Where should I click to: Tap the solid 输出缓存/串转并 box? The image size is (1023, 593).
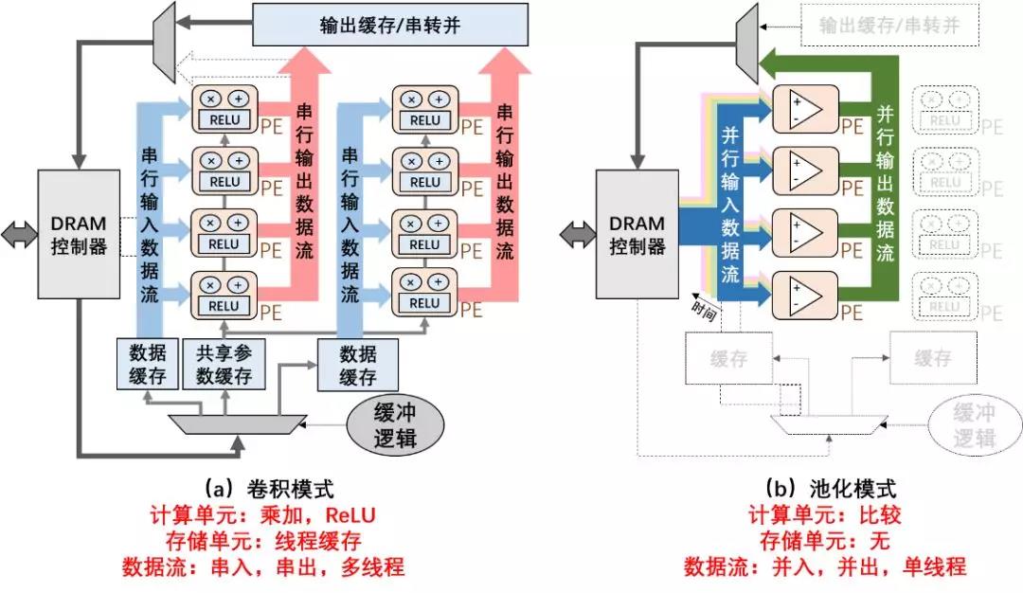[x=389, y=25]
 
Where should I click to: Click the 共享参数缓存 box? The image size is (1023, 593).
[x=224, y=365]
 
